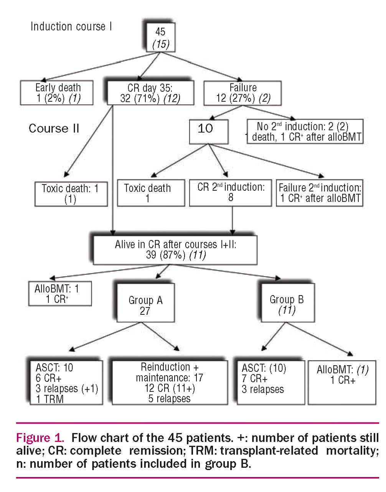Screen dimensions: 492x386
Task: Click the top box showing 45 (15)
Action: (x=160, y=38)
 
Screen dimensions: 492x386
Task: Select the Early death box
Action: (x=57, y=93)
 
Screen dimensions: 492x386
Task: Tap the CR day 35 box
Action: (x=150, y=93)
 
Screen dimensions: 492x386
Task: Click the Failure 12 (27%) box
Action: (x=242, y=93)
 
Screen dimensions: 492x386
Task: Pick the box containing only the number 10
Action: (x=208, y=131)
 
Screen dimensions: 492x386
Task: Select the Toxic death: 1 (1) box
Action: (x=71, y=194)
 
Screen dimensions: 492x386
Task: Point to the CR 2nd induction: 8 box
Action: (x=231, y=192)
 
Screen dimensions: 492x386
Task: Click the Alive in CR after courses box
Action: (x=175, y=250)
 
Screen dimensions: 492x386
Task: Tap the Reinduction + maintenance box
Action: (x=169, y=383)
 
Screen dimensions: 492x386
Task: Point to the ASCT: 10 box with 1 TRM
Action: (x=66, y=383)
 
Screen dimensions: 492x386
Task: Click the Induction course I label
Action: (x=71, y=27)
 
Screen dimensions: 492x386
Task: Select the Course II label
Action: (x=54, y=128)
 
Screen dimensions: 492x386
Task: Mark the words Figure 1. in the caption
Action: (x=40, y=438)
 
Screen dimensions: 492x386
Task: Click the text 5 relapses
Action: (x=169, y=399)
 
